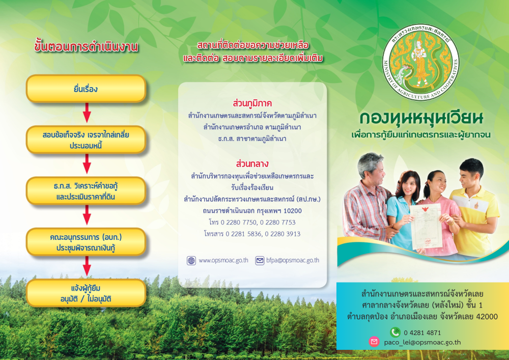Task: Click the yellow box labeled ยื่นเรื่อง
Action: pos(86,89)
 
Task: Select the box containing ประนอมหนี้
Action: pos(86,140)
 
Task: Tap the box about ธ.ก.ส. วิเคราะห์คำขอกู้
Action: pos(86,191)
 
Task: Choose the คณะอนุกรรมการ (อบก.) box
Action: pos(86,242)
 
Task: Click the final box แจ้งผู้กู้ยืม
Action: pos(86,293)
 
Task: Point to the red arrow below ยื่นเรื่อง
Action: pos(87,113)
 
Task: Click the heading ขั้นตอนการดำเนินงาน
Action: pos(87,47)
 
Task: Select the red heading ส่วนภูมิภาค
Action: pos(252,103)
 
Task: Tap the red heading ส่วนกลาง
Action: pos(252,163)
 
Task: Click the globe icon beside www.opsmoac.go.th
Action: pos(191,261)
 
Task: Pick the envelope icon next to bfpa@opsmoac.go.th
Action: pos(260,261)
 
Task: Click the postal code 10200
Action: pos(293,211)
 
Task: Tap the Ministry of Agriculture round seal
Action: pos(421,62)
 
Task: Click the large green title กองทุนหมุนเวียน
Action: pos(421,119)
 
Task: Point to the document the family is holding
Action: pos(426,226)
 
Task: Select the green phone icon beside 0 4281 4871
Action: pos(395,332)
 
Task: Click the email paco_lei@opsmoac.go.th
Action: pos(422,342)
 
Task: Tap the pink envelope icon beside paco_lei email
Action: pos(374,342)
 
